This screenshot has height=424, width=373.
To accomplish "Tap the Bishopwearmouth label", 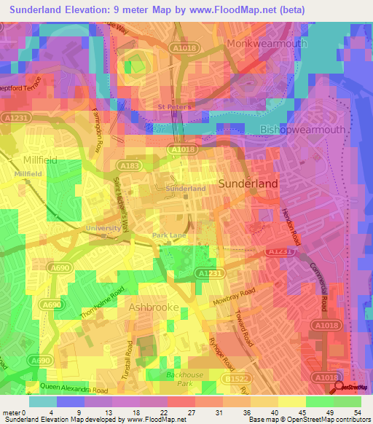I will coord(302,130).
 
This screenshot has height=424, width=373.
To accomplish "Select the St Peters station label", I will coord(175,107).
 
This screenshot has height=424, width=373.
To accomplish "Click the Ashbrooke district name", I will coord(154,307).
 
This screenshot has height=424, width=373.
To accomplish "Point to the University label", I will coord(103,228).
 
